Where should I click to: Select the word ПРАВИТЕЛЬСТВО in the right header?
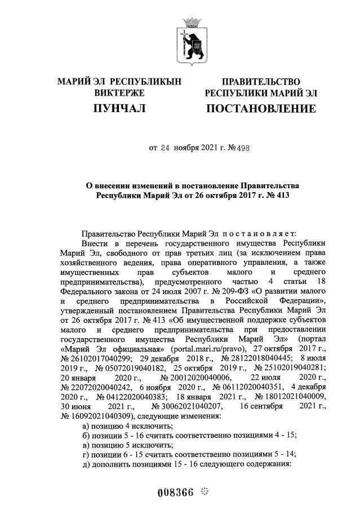tap(260, 82)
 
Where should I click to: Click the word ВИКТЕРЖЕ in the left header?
tap(119, 92)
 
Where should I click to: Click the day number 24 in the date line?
tap(165, 149)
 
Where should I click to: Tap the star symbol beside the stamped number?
tap(205, 491)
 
